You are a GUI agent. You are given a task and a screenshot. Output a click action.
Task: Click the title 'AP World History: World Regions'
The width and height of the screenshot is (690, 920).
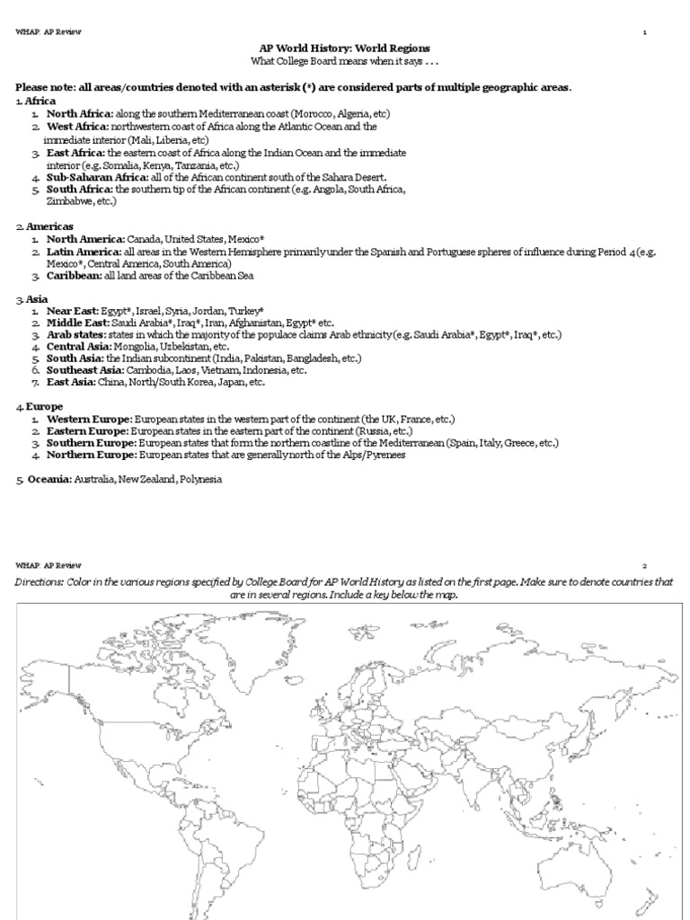tap(345, 47)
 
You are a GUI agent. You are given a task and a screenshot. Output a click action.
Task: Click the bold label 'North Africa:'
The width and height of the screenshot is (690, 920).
tap(80, 115)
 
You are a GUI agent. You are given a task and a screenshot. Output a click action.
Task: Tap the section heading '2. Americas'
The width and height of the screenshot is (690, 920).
tap(45, 226)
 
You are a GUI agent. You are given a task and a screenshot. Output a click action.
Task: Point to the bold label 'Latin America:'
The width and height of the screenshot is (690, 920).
tap(85, 252)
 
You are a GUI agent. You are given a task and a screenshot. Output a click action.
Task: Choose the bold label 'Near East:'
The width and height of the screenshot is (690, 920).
tap(73, 310)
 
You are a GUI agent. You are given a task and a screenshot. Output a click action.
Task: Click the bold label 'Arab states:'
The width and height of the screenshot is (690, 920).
tap(76, 334)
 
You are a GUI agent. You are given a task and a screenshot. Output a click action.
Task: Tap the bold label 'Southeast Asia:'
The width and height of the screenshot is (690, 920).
tap(86, 370)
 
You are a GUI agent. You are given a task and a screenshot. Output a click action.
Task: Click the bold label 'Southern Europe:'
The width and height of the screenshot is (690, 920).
tap(90, 443)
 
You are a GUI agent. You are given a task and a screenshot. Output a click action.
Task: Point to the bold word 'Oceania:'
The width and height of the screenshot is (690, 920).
tap(45, 480)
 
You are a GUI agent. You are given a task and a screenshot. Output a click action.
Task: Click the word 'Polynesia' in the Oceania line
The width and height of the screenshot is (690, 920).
tap(199, 480)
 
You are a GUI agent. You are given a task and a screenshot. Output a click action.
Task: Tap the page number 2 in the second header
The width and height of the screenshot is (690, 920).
tap(644, 567)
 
